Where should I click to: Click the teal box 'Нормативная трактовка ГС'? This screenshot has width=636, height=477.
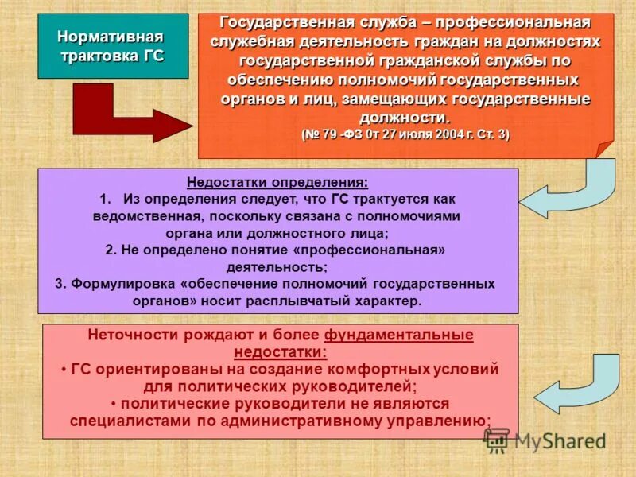[113, 45]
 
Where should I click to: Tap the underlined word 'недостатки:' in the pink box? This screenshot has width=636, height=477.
[281, 351]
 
